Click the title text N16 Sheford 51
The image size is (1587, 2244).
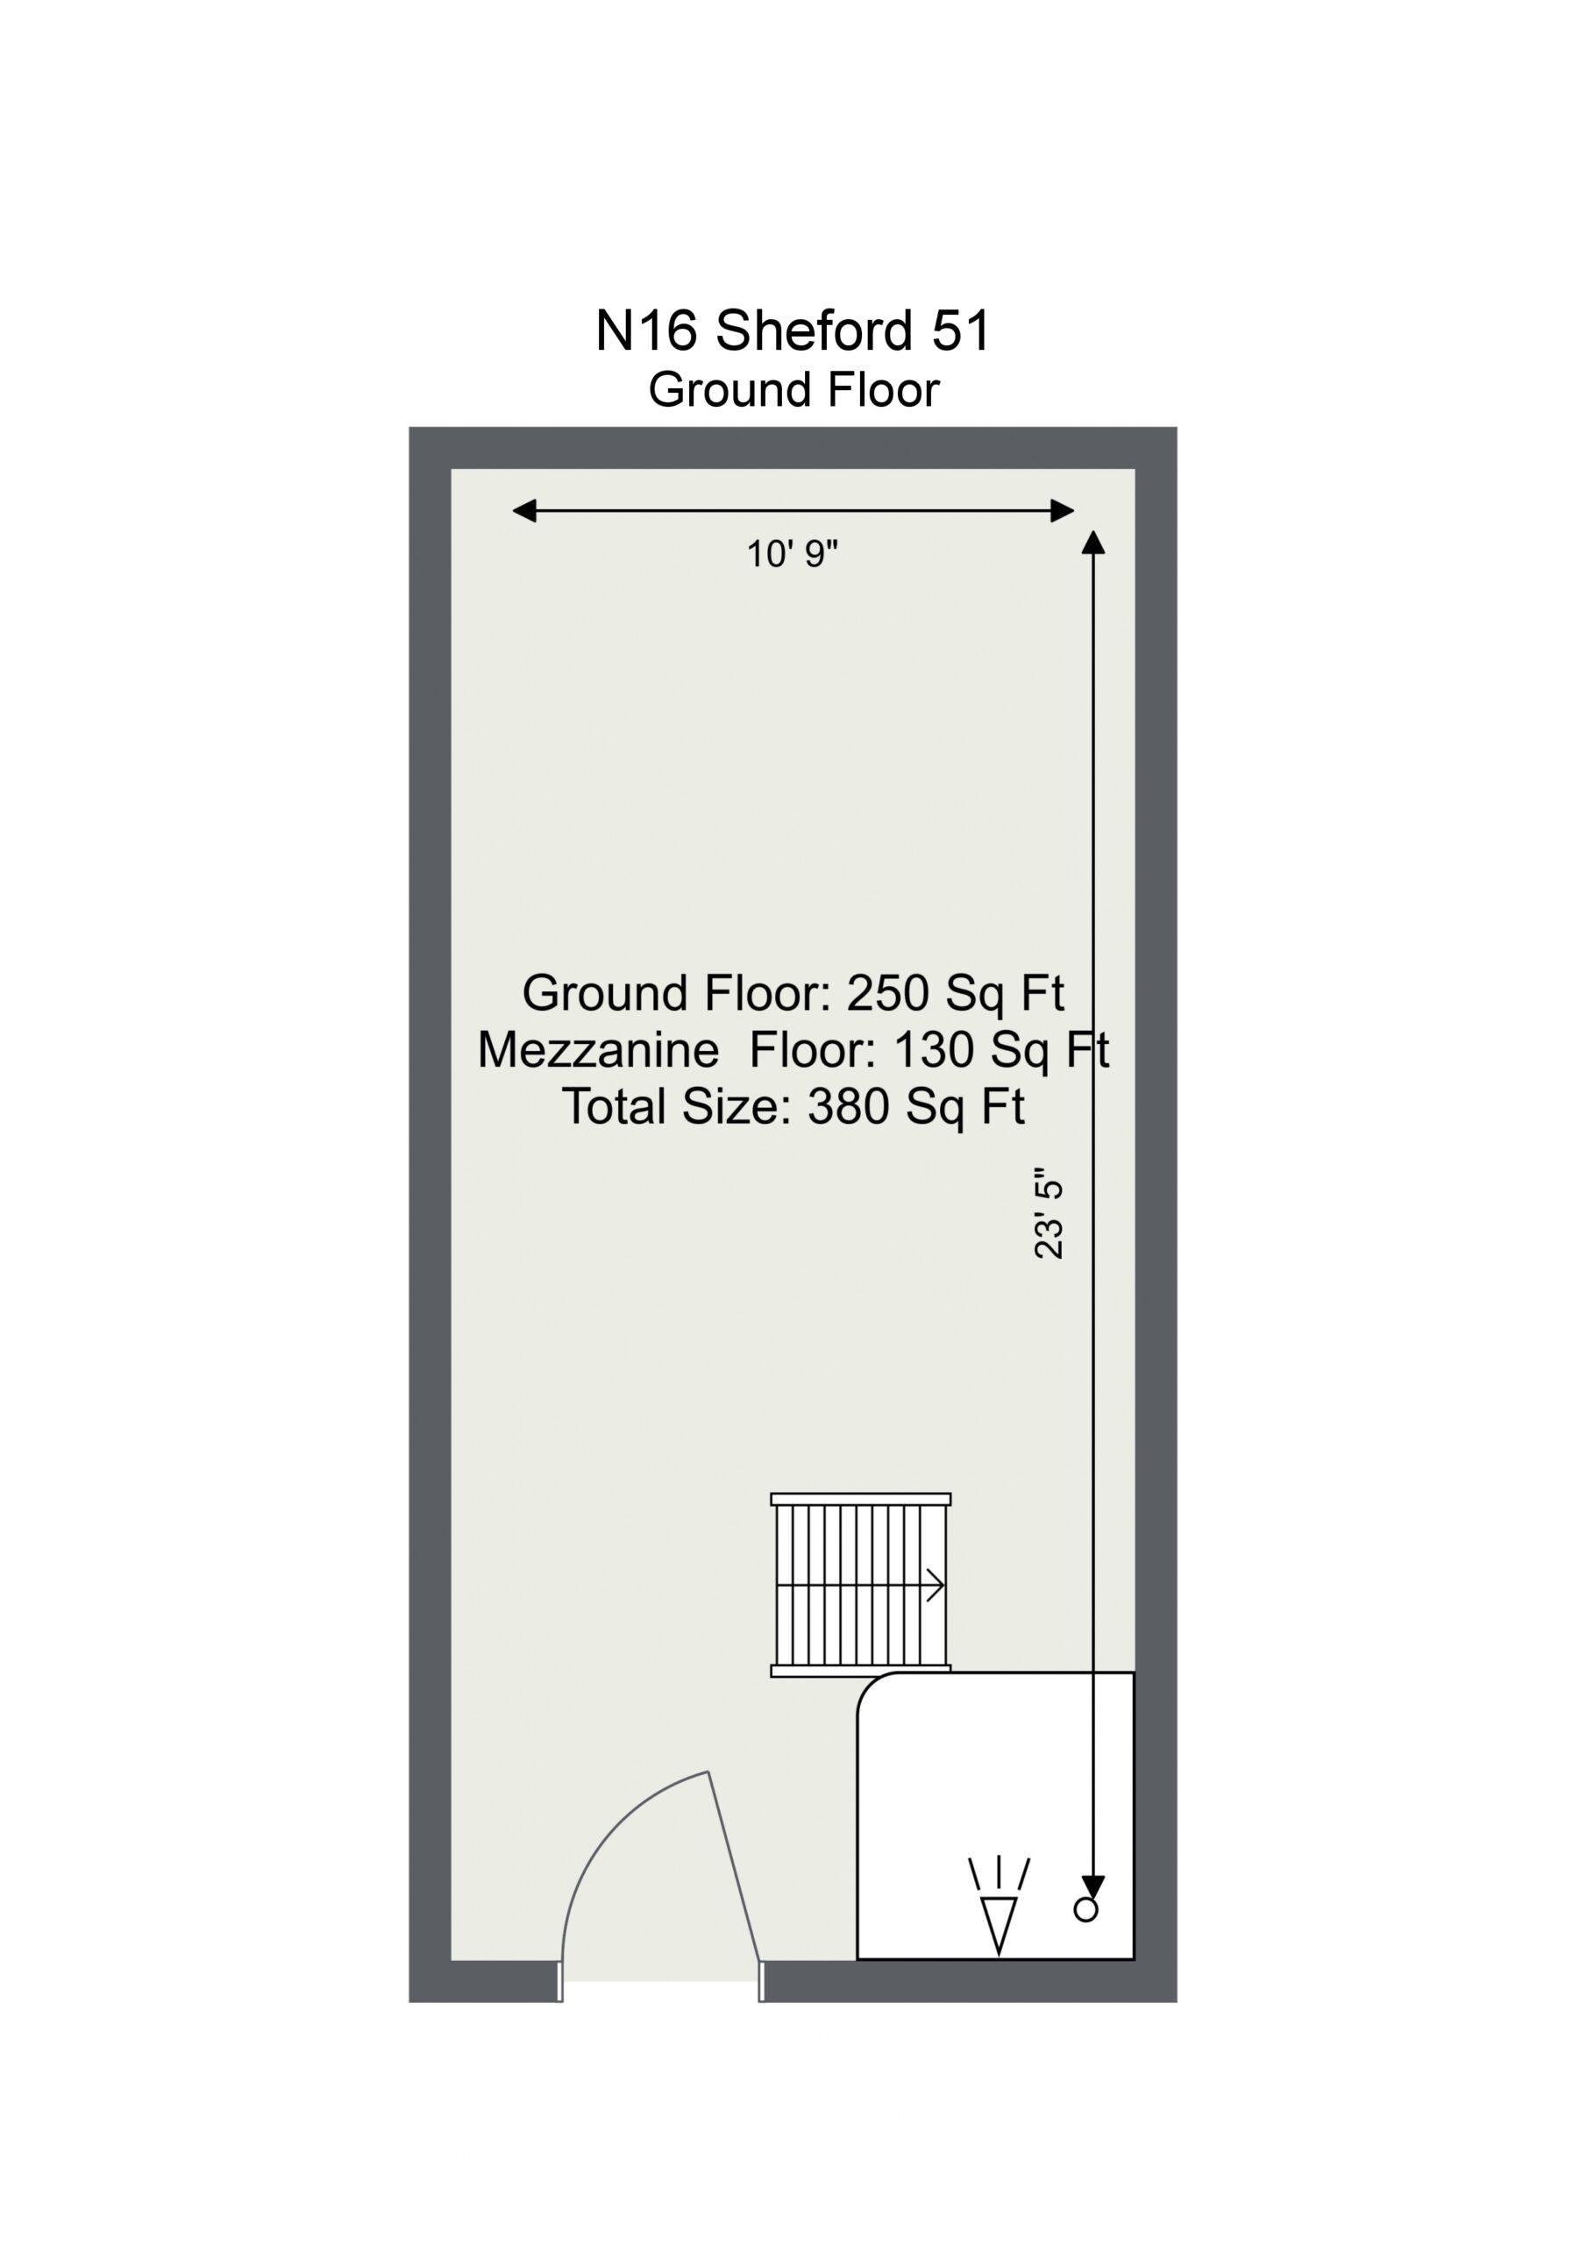(x=793, y=330)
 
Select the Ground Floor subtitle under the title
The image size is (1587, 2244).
(x=793, y=390)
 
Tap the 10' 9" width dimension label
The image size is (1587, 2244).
(x=792, y=554)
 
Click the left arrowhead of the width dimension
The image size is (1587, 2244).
(x=524, y=510)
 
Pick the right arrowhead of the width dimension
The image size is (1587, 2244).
(x=1062, y=510)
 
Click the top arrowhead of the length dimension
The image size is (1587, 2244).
(x=1093, y=543)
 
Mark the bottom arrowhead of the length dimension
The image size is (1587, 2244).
(x=1093, y=1887)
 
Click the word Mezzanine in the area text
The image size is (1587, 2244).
(x=599, y=1051)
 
